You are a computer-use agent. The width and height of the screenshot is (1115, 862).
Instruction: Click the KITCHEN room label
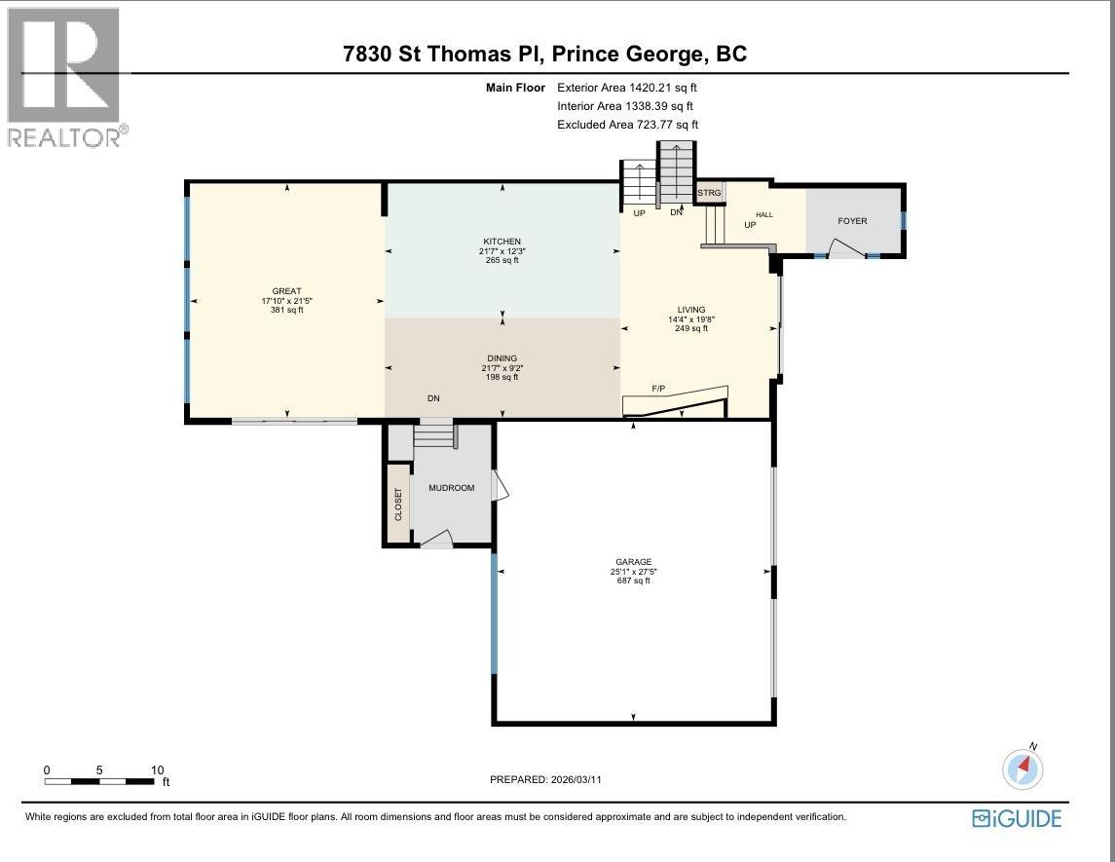502,242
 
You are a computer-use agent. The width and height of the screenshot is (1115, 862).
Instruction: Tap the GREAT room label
286,291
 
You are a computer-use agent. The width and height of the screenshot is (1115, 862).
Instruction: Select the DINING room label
502,358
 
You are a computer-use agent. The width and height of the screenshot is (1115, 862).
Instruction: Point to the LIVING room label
691,310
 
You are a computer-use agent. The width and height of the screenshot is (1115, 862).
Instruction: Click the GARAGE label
633,562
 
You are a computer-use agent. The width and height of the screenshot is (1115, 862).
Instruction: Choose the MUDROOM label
452,487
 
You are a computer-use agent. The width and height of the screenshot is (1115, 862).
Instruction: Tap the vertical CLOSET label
397,504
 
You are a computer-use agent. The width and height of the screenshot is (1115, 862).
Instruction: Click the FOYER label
852,221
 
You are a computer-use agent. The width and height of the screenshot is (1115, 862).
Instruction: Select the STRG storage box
709,193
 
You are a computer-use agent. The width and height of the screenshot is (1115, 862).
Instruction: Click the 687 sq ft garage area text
633,581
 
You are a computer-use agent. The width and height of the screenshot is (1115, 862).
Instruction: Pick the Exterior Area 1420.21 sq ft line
626,87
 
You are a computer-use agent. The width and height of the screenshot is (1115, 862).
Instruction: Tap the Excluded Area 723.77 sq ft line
627,125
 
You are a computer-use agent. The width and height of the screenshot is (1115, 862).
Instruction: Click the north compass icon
1022,768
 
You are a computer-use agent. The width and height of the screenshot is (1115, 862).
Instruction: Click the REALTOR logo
64,78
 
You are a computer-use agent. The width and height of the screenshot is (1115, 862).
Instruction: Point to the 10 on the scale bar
157,769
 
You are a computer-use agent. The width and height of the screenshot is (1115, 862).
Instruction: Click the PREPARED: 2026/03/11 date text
552,779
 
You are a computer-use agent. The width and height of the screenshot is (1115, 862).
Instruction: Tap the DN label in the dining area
433,398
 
